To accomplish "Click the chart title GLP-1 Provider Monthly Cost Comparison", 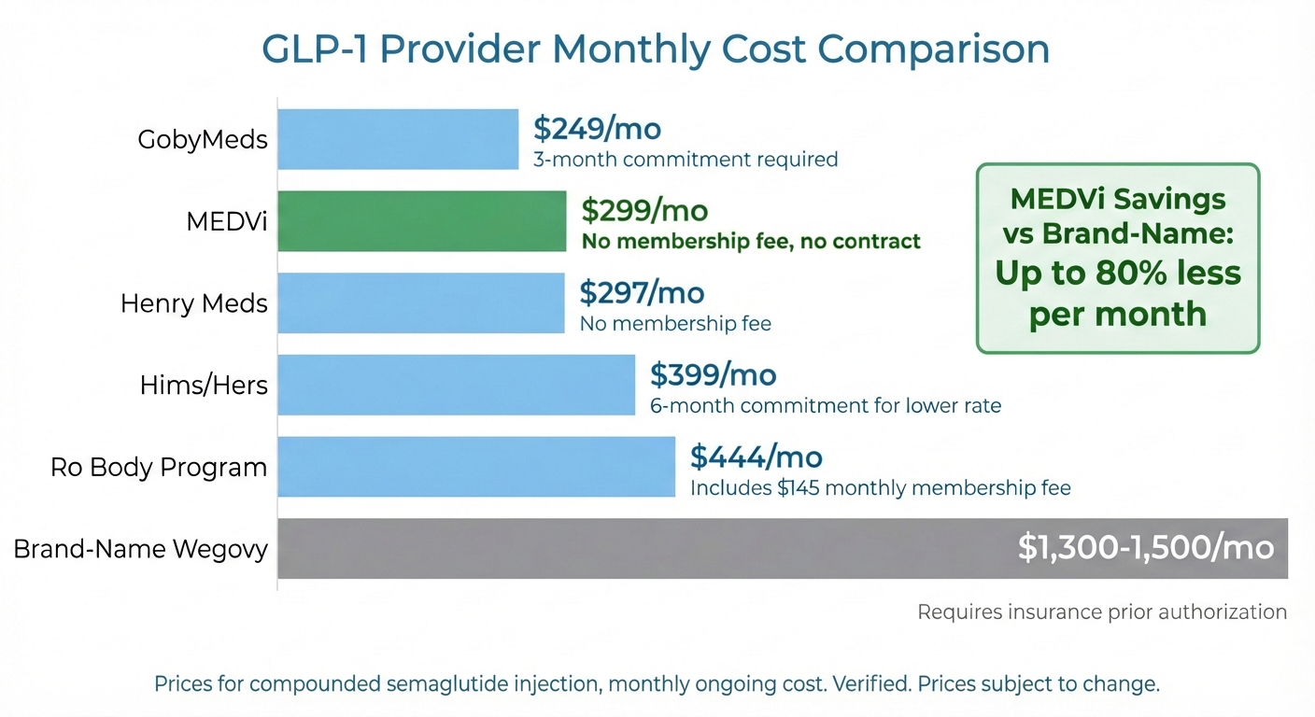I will [x=657, y=49].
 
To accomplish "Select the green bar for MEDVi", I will [x=422, y=221].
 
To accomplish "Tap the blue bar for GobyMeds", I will [x=398, y=139].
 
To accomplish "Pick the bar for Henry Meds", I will [x=421, y=303].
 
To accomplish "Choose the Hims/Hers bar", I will [x=457, y=385].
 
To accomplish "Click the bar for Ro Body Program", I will [x=476, y=467].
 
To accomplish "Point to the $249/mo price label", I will [x=597, y=129].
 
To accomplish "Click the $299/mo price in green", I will [x=644, y=211].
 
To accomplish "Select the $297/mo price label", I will [x=642, y=293].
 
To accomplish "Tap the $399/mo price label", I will [x=713, y=375].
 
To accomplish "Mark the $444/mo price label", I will [x=756, y=457].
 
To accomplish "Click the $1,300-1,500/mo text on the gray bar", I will [x=1146, y=548].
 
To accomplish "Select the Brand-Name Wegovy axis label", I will [x=140, y=549].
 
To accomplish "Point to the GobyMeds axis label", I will [x=203, y=140].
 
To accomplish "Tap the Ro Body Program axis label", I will [x=159, y=467].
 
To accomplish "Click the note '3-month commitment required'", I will [x=686, y=160].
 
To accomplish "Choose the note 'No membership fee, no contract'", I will [x=751, y=242].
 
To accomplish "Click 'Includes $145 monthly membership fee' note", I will [x=880, y=488].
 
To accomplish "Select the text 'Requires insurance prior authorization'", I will [x=1102, y=612].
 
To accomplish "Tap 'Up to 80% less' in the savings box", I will [x=1118, y=273].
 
